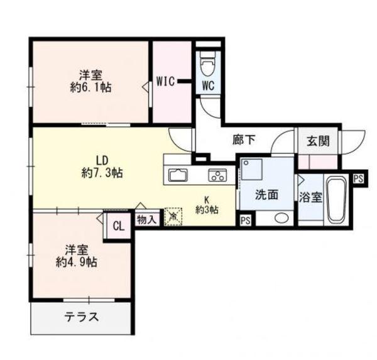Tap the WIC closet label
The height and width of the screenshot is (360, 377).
(166, 80)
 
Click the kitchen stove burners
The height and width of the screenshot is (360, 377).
(217, 175)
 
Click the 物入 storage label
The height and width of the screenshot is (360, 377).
(146, 221)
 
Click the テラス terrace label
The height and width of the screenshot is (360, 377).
(82, 317)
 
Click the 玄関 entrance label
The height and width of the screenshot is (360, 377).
(318, 141)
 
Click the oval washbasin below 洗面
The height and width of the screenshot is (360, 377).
(282, 219)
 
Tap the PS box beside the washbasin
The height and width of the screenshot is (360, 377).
(246, 220)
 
